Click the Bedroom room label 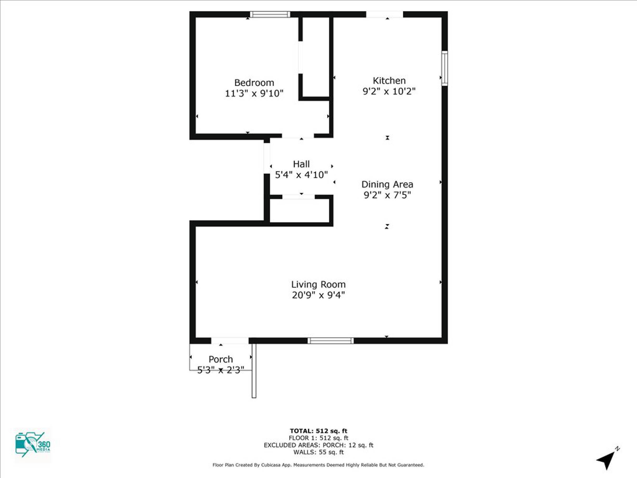coord(254,83)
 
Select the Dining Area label coord(387,185)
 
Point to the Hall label coord(301,164)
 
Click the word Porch coord(221,359)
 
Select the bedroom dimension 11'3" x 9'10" coord(254,93)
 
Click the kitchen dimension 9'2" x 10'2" coord(389,91)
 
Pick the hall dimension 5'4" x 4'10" coord(301,175)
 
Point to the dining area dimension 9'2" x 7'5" coord(387,195)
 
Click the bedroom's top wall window coord(270,14)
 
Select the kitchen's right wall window coord(445,68)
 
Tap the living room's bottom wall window coord(331,341)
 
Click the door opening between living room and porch coord(230,341)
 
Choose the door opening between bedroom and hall coord(298,136)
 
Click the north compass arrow coord(607,460)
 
